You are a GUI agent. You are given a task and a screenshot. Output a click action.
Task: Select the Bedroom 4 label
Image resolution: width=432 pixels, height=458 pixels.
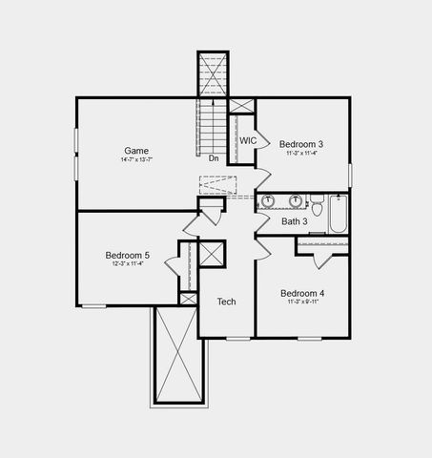pyautogui.click(x=302, y=293)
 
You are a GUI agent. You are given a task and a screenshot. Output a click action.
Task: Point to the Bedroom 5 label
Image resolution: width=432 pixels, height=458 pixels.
pyautogui.click(x=127, y=255)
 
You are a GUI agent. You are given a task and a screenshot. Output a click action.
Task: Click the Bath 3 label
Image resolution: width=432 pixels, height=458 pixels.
pyautogui.click(x=294, y=221)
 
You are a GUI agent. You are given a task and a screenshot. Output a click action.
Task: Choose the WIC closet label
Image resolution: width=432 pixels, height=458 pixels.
pyautogui.click(x=248, y=140)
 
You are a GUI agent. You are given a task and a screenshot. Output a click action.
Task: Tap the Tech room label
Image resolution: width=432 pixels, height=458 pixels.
pyautogui.click(x=226, y=302)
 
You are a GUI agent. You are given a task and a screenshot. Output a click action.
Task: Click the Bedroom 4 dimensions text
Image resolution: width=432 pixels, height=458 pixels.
pyautogui.click(x=302, y=302)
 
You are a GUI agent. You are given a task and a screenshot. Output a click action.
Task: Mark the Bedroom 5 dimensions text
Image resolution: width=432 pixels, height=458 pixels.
pyautogui.click(x=127, y=264)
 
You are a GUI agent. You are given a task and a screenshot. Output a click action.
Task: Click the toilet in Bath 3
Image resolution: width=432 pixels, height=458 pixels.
pyautogui.click(x=318, y=202)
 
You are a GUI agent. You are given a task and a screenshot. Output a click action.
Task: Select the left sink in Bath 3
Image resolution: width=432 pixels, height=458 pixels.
pyautogui.click(x=268, y=201)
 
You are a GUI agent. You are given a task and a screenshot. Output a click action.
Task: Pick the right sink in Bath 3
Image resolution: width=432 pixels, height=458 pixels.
pyautogui.click(x=296, y=201)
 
